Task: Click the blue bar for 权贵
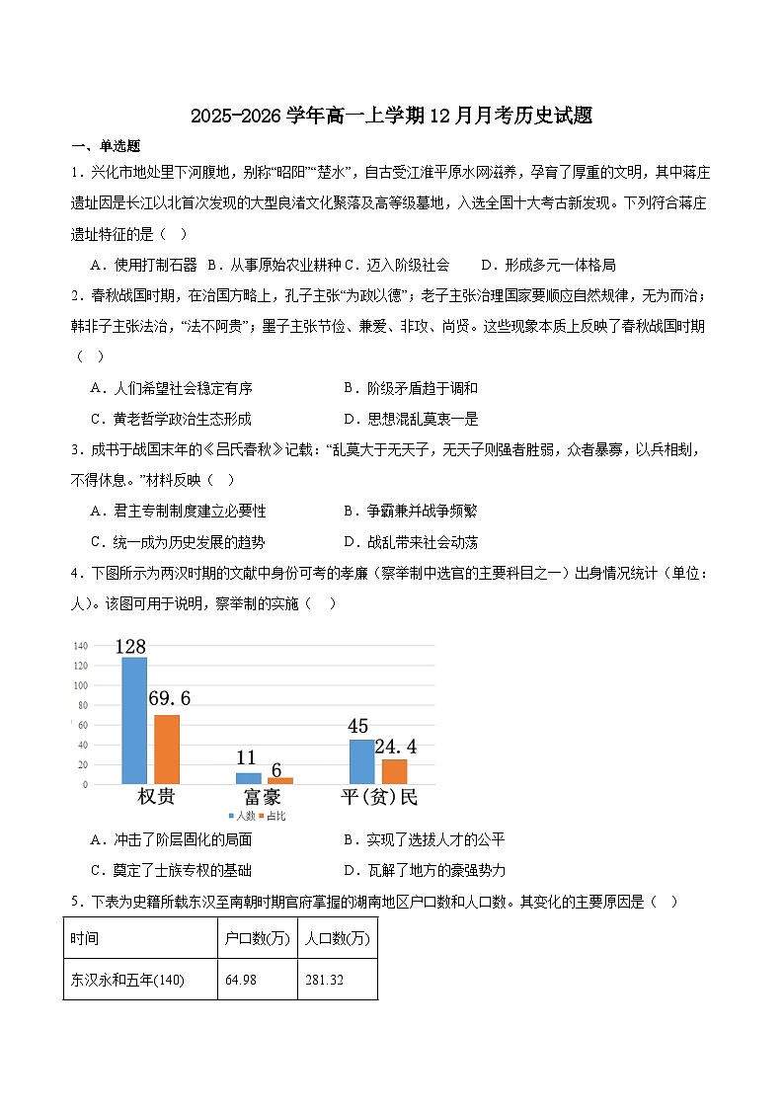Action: (134, 720)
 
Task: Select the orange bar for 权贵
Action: (167, 749)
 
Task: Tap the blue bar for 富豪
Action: (248, 778)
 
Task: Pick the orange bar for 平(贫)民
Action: (394, 771)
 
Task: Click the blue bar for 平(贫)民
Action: (361, 761)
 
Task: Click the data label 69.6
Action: (169, 699)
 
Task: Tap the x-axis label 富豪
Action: (261, 798)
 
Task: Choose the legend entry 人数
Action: (243, 817)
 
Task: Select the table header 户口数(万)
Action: (257, 938)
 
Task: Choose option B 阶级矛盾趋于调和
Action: (410, 388)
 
